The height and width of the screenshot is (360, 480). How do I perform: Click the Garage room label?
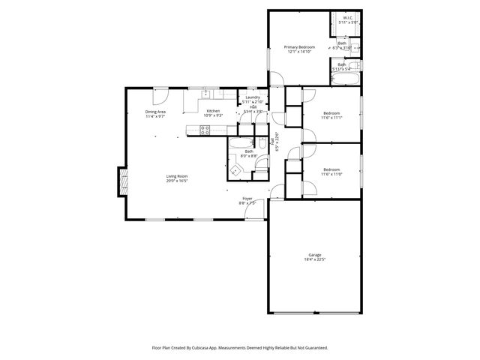[313, 255]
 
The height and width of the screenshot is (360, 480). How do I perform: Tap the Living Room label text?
[177, 178]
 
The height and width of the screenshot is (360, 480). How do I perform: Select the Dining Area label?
[155, 112]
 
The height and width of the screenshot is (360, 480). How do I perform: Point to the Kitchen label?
[214, 112]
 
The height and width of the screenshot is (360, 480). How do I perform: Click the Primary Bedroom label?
[298, 47]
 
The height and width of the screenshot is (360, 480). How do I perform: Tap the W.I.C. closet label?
[348, 17]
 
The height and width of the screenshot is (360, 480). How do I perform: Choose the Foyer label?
[247, 200]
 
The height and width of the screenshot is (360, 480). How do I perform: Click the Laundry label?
[253, 97]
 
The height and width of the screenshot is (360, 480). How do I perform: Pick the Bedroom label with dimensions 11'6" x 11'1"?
[331, 114]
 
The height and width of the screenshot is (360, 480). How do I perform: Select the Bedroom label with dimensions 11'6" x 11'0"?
[332, 170]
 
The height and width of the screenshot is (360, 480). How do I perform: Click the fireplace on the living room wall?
[121, 181]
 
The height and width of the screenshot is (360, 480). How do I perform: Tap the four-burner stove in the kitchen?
[205, 130]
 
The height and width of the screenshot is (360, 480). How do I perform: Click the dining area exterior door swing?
[159, 94]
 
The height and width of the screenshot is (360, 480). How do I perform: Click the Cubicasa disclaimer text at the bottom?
[240, 347]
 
